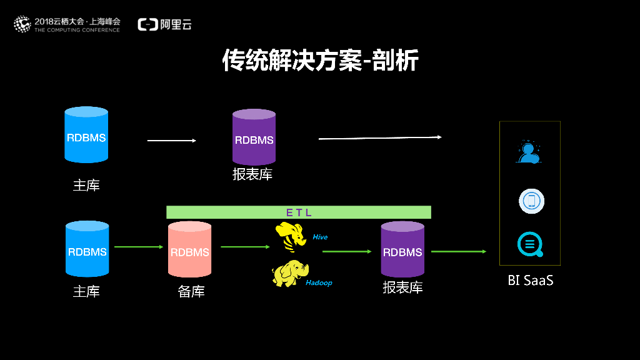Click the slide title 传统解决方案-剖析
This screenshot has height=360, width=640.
(320, 61)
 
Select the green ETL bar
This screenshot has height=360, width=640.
(299, 212)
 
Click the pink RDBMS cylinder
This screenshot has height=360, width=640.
(190, 250)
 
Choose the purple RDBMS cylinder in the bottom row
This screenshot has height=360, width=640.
(402, 250)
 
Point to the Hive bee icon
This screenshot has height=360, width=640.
(291, 236)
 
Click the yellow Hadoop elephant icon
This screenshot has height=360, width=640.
(289, 273)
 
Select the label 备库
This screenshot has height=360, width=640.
(191, 291)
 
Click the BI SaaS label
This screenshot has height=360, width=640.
(530, 281)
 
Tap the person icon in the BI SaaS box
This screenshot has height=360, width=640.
(529, 152)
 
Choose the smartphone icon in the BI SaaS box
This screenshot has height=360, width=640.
(531, 201)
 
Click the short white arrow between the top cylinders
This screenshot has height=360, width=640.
(172, 141)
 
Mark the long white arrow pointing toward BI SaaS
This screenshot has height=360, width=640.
(380, 137)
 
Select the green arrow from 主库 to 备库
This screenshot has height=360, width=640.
(138, 247)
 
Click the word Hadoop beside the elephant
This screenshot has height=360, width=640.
(319, 283)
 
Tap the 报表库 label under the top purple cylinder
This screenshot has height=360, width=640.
(252, 174)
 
